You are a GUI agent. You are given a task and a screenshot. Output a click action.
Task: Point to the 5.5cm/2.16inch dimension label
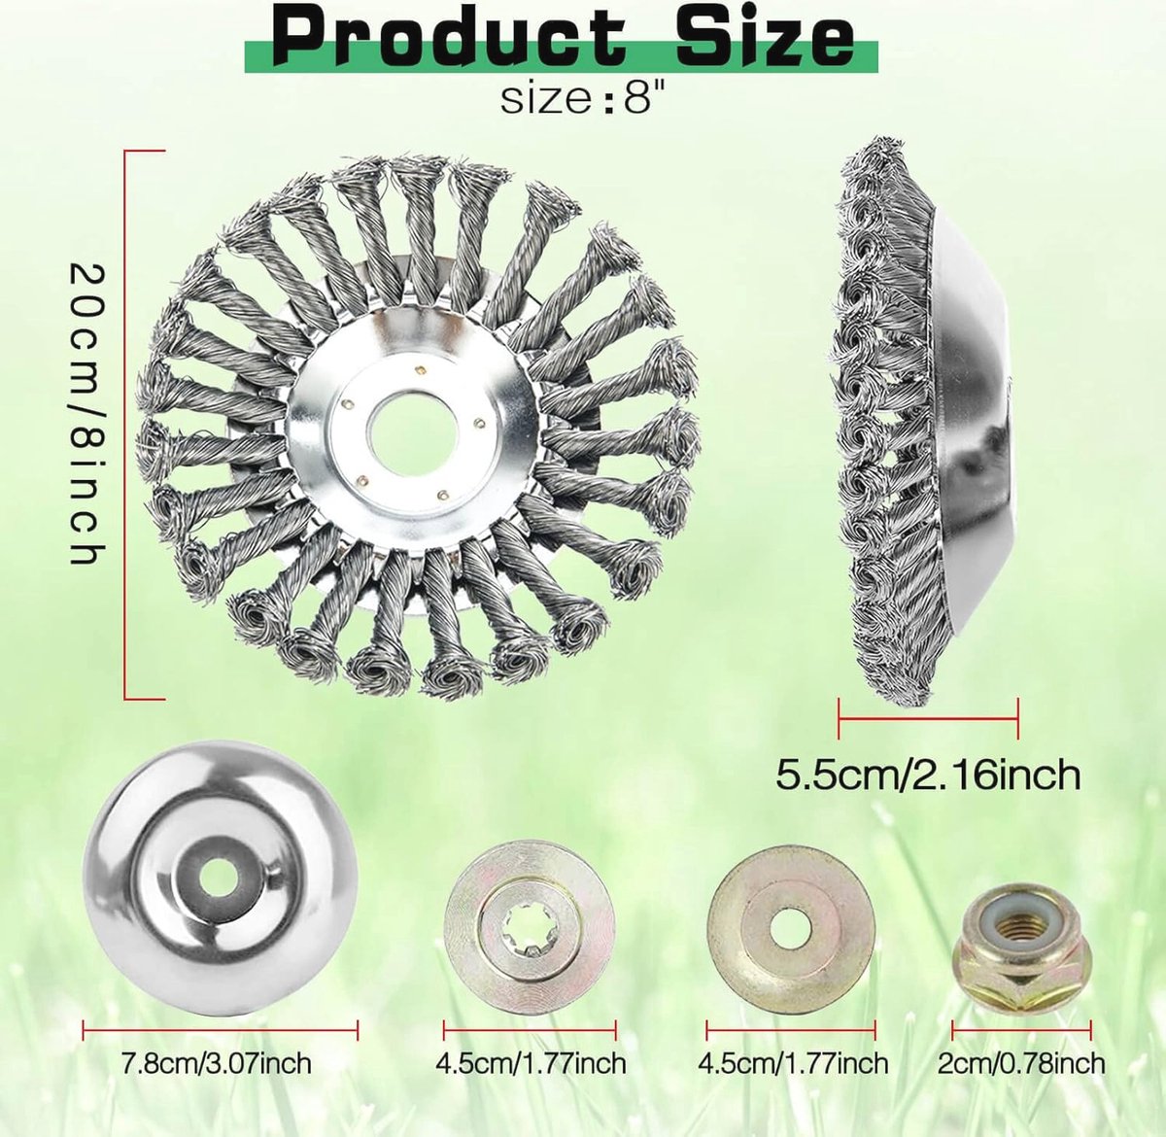coord(928,775)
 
